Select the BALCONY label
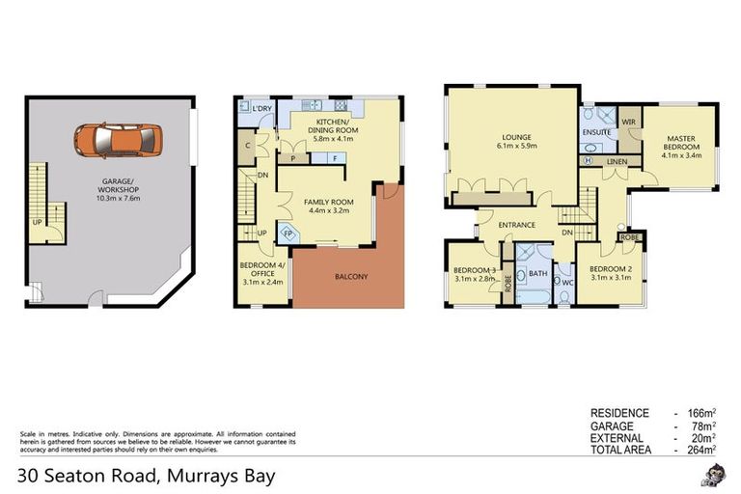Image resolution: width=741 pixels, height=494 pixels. [x=351, y=277]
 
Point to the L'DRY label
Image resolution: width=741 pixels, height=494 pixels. [x=261, y=108]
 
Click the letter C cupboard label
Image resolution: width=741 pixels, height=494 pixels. [x=249, y=147]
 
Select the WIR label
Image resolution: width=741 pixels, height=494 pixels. [x=629, y=123]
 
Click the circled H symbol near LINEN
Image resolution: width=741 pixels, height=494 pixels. [x=589, y=161]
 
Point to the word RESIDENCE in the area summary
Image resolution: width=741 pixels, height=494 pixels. [x=618, y=412]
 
